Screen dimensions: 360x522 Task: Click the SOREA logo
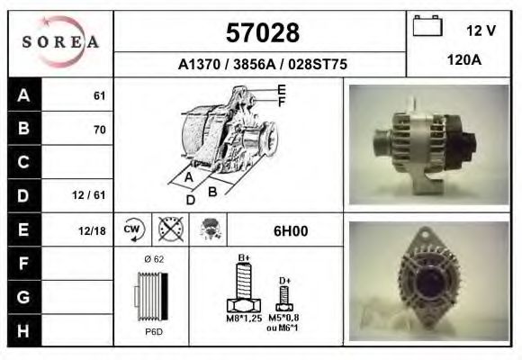point(60,43)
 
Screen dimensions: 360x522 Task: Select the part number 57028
point(261,33)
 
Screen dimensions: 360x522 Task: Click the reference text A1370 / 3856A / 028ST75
point(261,65)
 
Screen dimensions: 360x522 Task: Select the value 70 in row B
point(99,130)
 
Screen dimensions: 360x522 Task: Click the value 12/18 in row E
point(92,230)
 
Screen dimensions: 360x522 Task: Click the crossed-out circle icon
point(171,229)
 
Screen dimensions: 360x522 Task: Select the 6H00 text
point(290,230)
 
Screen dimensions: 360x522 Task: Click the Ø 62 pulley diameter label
point(153,260)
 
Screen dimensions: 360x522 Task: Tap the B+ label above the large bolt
point(243,258)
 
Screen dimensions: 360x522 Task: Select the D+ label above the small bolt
point(284,281)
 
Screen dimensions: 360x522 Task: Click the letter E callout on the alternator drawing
point(281,89)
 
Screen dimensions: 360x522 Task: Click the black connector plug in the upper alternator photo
point(469,142)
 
